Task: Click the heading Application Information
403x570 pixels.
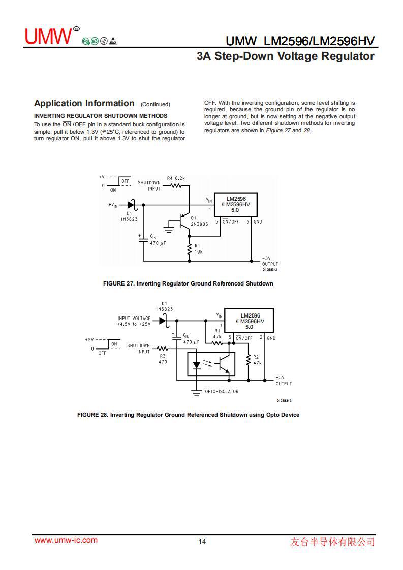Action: (x=84, y=104)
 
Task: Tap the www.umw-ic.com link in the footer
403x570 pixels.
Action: (x=66, y=540)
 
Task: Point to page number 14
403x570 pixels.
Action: (x=202, y=541)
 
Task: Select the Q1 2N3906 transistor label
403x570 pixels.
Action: (x=199, y=221)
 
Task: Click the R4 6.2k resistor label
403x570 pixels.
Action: (x=176, y=179)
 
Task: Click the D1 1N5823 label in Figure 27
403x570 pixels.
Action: (x=129, y=217)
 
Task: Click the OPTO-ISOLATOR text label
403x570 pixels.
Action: (x=222, y=391)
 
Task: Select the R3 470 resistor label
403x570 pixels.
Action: (x=163, y=359)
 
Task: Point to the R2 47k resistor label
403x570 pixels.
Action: (x=257, y=360)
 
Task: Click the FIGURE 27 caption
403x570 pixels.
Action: (x=188, y=283)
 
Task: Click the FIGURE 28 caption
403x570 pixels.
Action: (x=188, y=415)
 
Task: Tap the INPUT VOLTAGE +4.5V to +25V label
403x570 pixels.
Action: (x=134, y=321)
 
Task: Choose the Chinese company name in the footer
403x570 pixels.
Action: (x=332, y=542)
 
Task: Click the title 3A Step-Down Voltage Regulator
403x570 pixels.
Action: (x=285, y=56)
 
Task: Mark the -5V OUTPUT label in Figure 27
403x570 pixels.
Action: (x=270, y=261)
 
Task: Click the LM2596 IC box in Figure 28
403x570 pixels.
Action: (x=249, y=321)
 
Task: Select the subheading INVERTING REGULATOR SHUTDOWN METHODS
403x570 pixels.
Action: (x=101, y=116)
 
